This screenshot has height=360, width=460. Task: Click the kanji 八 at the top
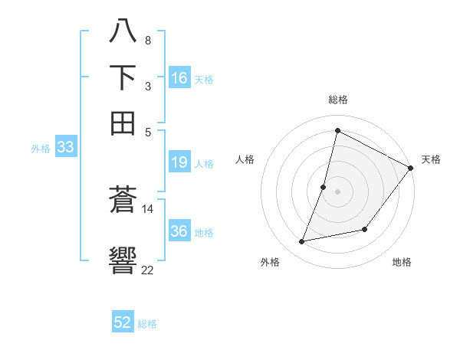click(123, 33)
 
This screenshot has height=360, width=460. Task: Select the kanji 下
click(123, 77)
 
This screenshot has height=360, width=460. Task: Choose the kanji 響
click(123, 260)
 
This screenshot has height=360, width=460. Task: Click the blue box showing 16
click(179, 78)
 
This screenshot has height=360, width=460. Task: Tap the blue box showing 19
click(179, 162)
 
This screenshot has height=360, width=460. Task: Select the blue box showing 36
click(179, 231)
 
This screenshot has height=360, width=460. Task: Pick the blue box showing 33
click(64, 148)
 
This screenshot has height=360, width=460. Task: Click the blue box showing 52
click(123, 322)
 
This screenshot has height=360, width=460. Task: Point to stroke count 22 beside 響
click(147, 270)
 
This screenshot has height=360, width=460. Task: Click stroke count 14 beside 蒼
click(147, 208)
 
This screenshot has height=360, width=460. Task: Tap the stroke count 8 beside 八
click(147, 40)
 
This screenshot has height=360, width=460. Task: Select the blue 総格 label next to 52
click(147, 324)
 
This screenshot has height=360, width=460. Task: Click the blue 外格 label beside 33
click(40, 149)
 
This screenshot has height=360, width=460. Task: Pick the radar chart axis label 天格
click(431, 159)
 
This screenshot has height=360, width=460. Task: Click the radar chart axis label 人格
click(245, 159)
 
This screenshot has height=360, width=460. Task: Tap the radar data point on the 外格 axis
click(302, 242)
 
